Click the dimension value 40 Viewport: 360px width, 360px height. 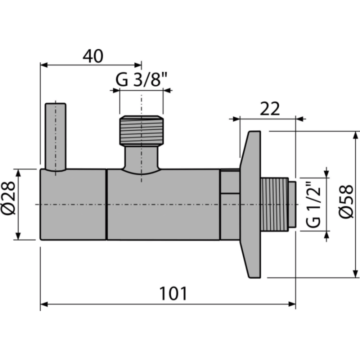(93, 56)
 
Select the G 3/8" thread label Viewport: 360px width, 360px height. (141, 79)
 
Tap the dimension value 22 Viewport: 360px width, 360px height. (270, 109)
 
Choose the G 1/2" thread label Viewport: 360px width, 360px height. (313, 204)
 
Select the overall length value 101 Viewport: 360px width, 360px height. (173, 293)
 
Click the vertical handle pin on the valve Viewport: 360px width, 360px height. (55, 137)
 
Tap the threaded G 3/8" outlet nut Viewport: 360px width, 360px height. (141, 130)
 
